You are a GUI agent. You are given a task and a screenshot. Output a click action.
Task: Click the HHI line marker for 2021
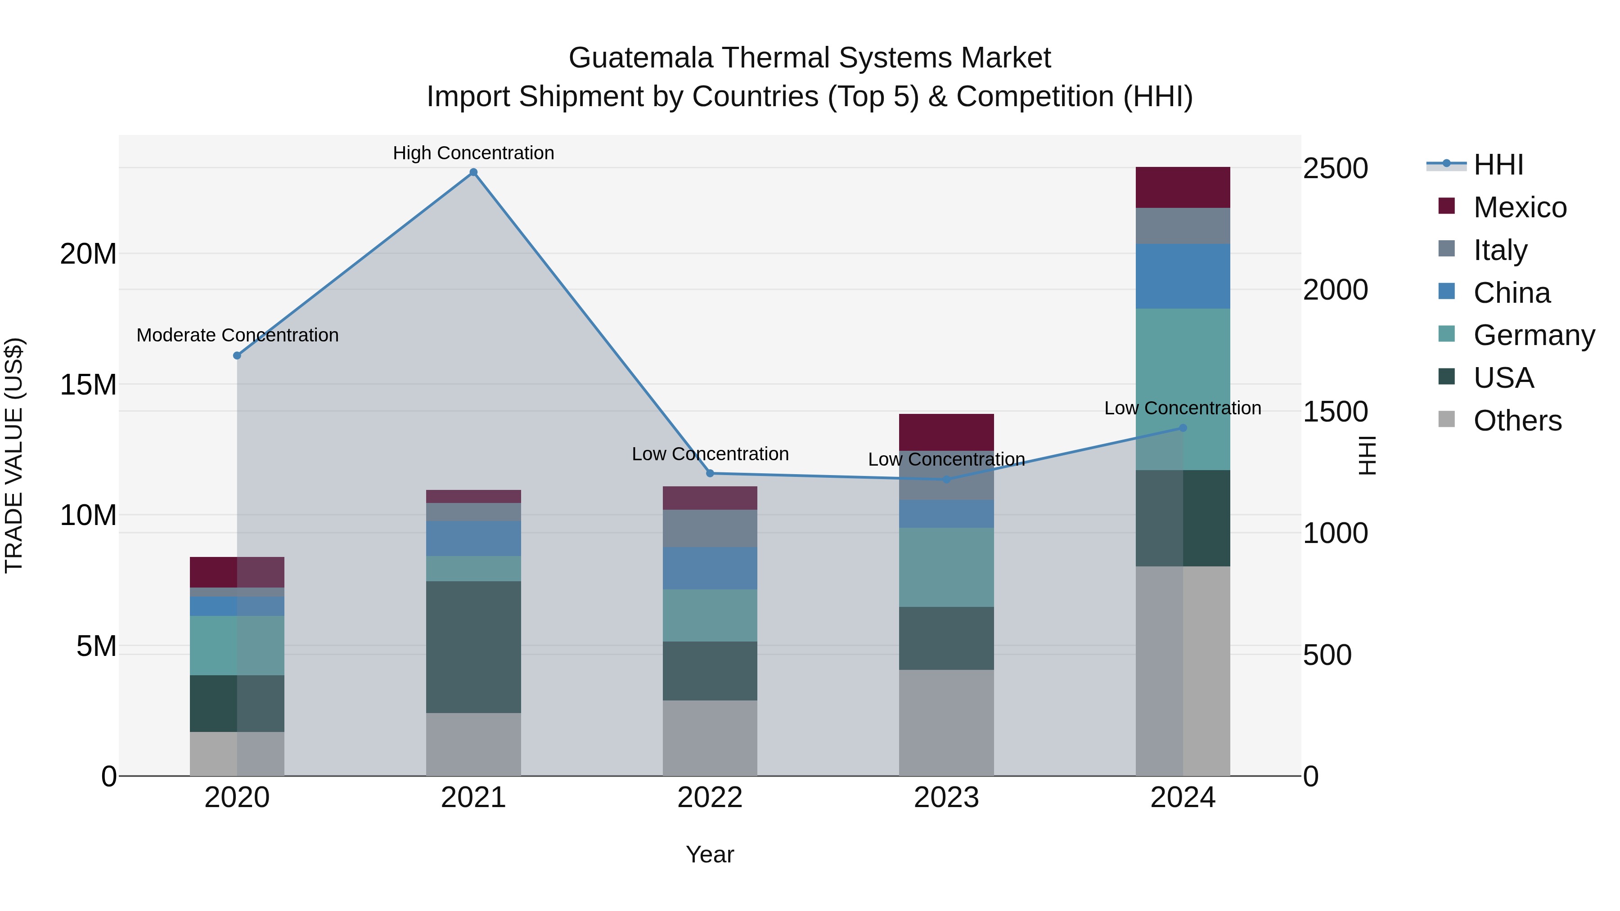coord(473,172)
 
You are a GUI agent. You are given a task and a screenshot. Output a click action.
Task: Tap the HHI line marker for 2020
coord(237,356)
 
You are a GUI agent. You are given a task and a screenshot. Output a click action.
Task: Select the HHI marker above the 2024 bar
coord(1183,428)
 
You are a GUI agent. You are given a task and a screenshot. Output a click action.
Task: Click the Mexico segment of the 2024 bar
coord(1183,187)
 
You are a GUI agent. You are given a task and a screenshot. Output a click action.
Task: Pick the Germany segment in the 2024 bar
coord(1183,389)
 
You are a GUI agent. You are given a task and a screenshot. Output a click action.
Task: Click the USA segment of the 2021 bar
coord(473,647)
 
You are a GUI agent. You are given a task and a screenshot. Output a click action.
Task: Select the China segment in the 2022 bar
coord(710,568)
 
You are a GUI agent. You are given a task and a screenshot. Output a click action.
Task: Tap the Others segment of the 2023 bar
coord(946,723)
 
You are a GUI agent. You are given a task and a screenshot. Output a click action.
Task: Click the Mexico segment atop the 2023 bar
coord(946,432)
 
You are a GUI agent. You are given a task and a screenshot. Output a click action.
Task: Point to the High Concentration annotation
coord(473,153)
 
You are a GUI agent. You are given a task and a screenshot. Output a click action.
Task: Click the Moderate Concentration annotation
coord(237,335)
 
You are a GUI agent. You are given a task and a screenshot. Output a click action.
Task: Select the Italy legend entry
coord(1500,250)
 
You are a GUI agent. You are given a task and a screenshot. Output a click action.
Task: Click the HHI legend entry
coord(1498,165)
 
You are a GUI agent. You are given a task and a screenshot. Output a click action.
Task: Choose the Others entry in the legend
coord(1517,421)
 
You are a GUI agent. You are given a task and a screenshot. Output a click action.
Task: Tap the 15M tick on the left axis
coord(88,385)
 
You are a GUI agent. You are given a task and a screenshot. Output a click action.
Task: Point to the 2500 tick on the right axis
coord(1335,169)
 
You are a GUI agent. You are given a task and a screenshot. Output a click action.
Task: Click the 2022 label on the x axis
coord(710,798)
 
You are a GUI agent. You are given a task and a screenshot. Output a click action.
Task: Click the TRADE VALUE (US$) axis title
coord(14,455)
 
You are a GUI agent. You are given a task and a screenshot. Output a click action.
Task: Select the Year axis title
coord(710,854)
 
